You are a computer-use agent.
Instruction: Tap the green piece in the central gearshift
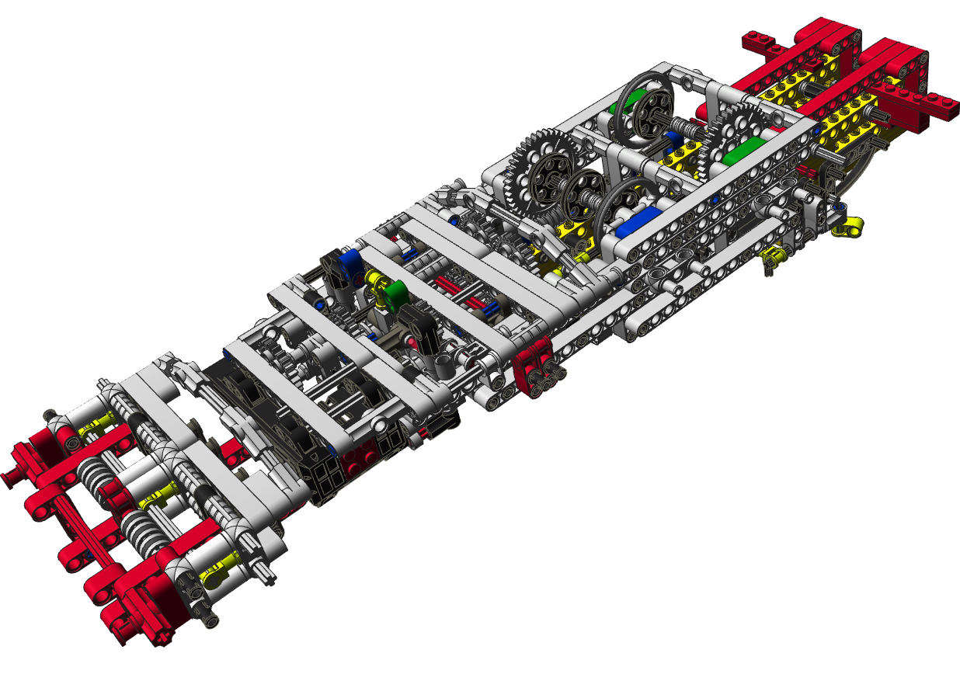[x=395, y=292]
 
